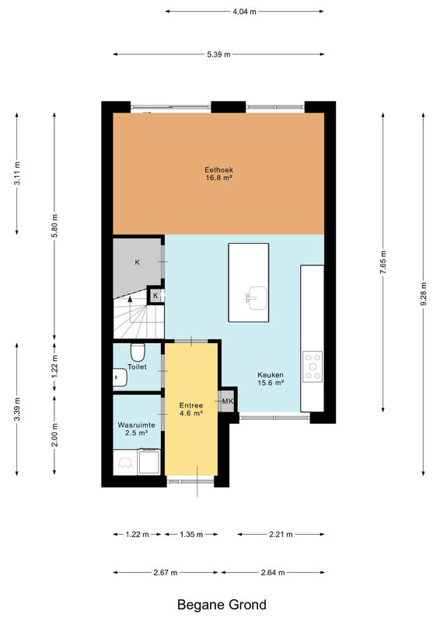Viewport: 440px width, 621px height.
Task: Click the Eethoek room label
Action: (218, 174)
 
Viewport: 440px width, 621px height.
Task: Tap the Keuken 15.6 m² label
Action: (271, 379)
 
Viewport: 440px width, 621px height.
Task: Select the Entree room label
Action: (191, 409)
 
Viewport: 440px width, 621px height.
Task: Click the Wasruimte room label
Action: (137, 429)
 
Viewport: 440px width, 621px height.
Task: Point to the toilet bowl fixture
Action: (138, 352)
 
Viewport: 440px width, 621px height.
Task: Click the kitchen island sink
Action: (257, 298)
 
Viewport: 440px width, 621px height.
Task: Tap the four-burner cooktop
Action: (313, 366)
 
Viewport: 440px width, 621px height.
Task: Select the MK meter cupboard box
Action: (228, 401)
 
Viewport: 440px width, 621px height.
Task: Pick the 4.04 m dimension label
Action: (244, 12)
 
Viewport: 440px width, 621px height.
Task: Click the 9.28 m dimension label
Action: (424, 293)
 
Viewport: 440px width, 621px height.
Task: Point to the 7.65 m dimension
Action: (383, 262)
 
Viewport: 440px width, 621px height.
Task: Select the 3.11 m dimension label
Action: (16, 173)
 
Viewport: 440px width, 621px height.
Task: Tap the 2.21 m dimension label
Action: (281, 534)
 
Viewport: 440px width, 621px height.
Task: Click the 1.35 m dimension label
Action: (191, 534)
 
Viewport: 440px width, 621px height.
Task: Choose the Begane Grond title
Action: (222, 605)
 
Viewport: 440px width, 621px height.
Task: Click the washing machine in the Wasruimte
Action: (148, 462)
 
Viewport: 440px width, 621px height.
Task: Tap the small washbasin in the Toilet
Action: (120, 377)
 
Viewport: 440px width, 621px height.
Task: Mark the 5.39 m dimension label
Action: (218, 54)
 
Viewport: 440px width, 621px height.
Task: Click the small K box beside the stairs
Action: (155, 296)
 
